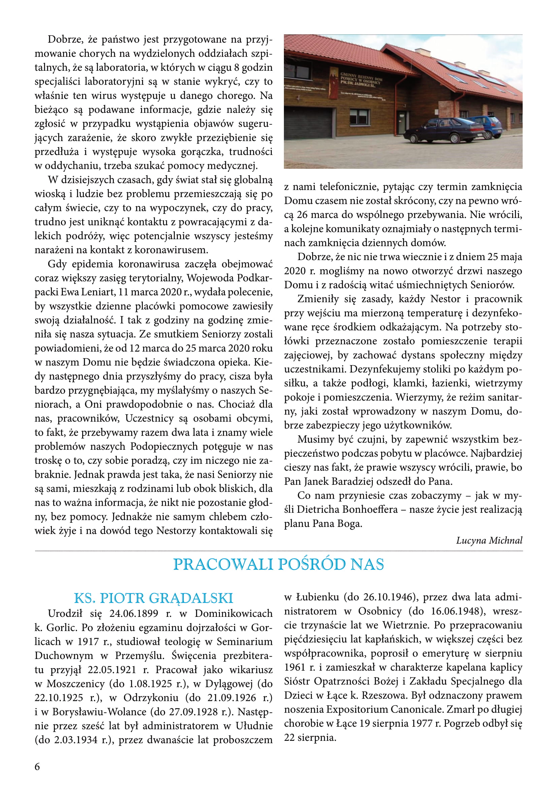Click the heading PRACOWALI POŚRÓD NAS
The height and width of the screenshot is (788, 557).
[x=278, y=565]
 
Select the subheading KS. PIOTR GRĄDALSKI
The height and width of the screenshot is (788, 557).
[x=153, y=598]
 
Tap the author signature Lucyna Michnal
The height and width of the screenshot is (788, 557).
[x=489, y=540]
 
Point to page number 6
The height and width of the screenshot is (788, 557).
[x=37, y=767]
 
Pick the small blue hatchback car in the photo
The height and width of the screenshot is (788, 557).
[x=487, y=126]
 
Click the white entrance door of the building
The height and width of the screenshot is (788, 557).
[x=401, y=123]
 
